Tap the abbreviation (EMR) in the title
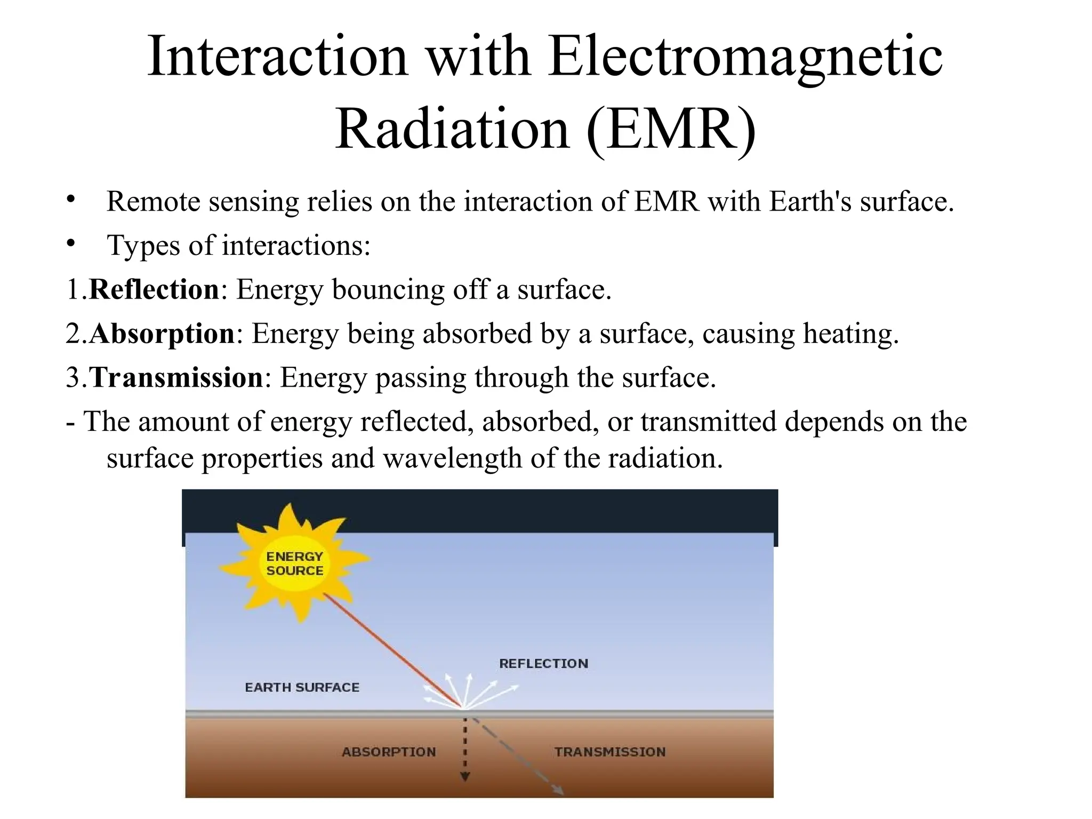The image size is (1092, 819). (670, 130)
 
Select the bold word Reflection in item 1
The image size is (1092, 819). (154, 290)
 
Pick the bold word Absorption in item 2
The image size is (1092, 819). (162, 334)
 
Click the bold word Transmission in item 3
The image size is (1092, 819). (176, 378)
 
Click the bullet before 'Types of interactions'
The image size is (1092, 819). (71, 243)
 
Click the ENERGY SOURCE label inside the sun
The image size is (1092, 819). (295, 564)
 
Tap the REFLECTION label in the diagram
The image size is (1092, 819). (543, 664)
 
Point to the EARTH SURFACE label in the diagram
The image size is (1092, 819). (302, 688)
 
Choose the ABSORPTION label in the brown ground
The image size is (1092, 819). (389, 752)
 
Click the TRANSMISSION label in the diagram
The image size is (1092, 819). (609, 752)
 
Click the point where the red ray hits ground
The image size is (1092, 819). (463, 708)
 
